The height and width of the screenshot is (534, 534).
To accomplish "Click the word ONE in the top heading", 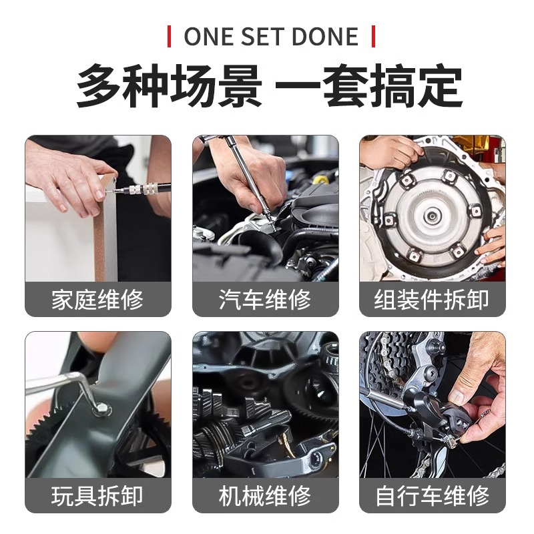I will point(206,36).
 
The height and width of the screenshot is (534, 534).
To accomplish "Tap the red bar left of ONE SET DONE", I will point(170,36).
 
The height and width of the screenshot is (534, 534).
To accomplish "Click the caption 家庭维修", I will point(97,300).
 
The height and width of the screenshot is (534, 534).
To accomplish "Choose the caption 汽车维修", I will point(265,300).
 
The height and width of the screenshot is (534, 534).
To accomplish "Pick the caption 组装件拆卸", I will point(432,300).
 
